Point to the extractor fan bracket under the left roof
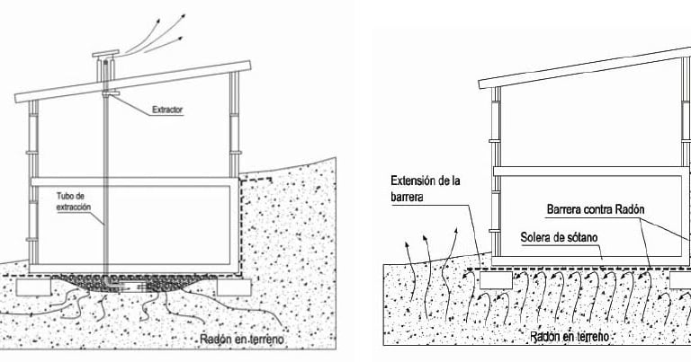tap(112, 93)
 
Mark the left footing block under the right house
tap(494, 280)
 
